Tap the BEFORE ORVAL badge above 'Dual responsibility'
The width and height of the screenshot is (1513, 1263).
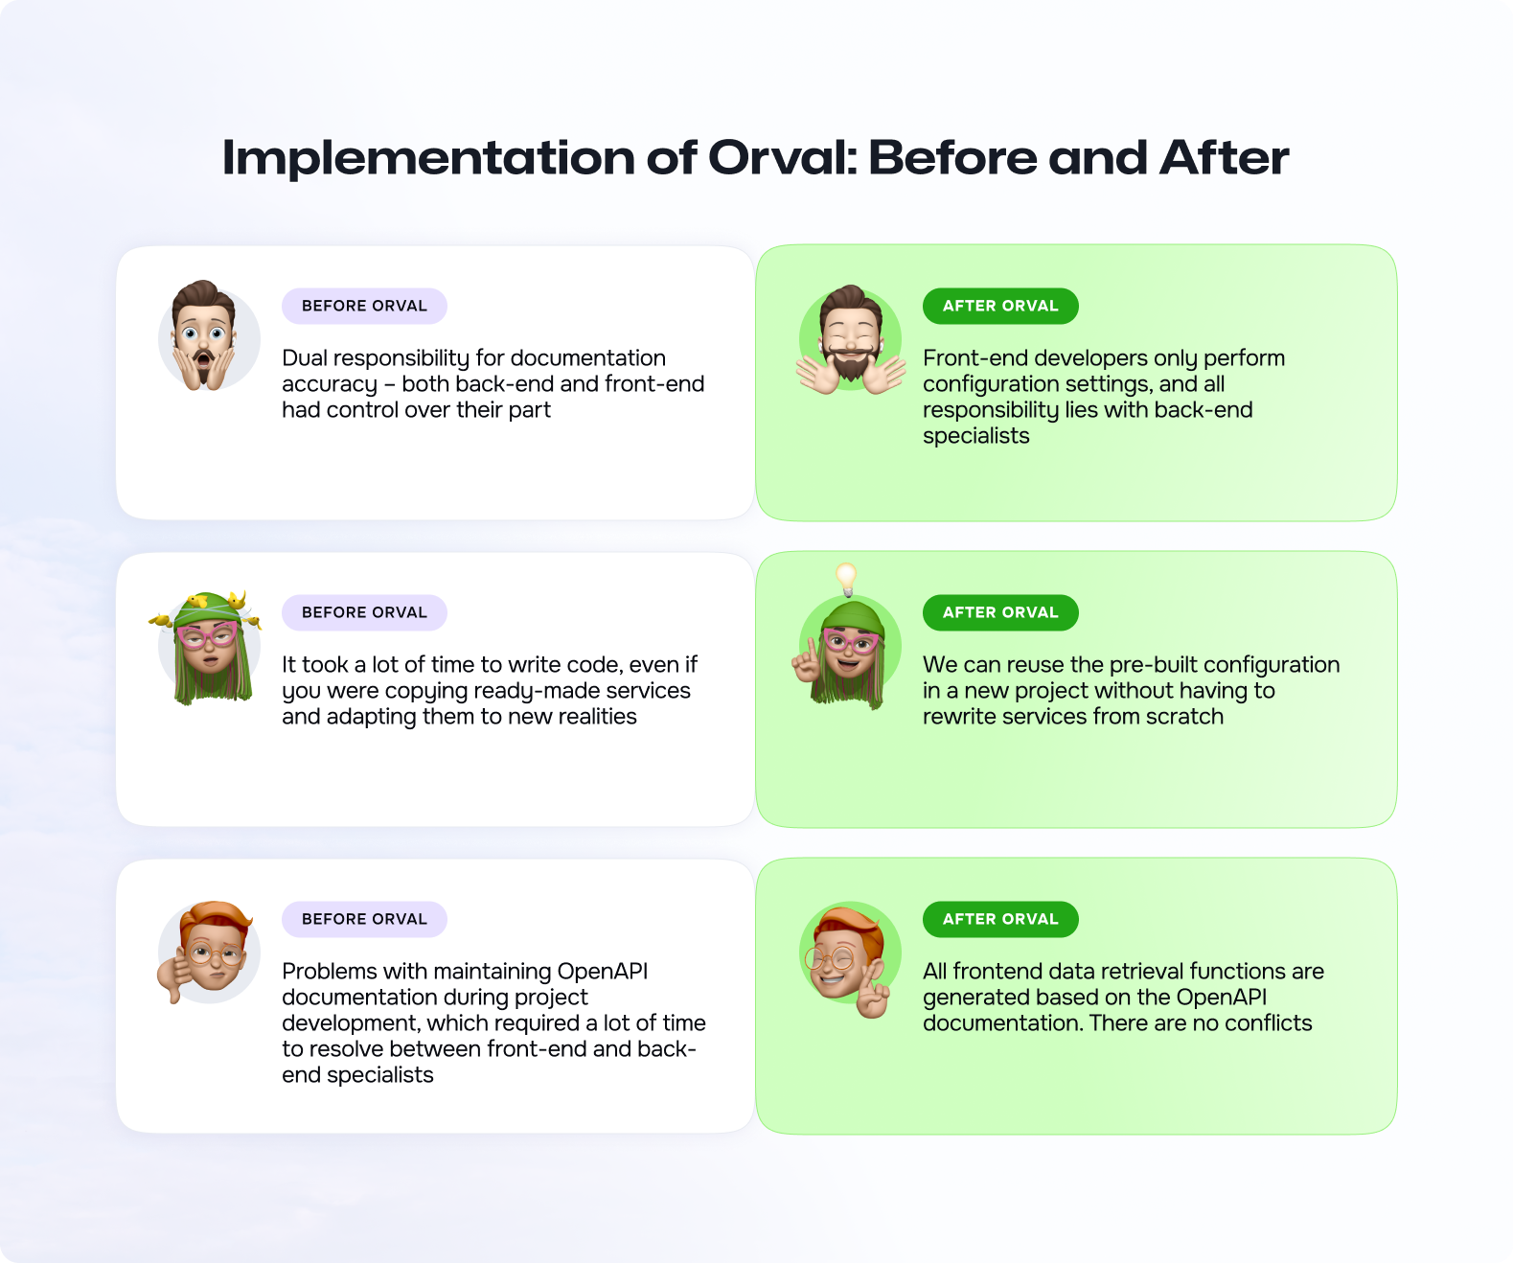364,306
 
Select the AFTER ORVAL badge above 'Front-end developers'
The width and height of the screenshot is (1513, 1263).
1000,306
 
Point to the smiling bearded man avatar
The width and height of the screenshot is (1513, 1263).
851,339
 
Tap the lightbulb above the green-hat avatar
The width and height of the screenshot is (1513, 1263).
846,579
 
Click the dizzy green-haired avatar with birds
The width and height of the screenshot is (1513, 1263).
207,647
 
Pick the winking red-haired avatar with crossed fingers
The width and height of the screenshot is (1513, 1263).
849,960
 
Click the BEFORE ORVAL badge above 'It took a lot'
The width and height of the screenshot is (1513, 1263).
364,612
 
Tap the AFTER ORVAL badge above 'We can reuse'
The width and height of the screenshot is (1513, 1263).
1000,612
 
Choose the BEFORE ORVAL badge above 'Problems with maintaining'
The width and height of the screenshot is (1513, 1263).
364,919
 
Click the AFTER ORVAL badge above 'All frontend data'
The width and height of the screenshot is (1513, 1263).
1000,919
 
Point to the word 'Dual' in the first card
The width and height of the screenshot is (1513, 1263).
305,358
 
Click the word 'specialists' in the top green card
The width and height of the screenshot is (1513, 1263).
976,436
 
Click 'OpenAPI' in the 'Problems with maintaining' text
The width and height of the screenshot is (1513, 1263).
602,972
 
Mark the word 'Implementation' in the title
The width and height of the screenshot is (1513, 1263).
429,158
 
